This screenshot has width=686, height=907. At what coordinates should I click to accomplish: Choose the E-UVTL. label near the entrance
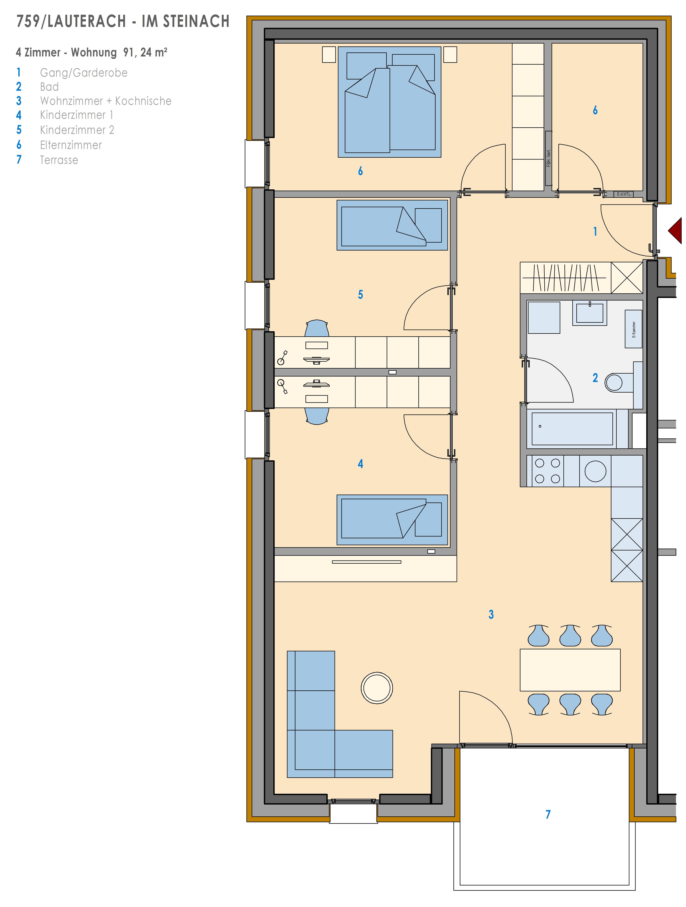[x=624, y=194]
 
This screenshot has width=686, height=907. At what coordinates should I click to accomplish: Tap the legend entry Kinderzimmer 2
[x=77, y=130]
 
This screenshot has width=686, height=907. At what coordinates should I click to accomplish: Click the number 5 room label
[x=360, y=294]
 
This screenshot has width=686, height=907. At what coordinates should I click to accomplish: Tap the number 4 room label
[x=360, y=464]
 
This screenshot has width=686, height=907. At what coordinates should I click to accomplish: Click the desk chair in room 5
[x=317, y=328]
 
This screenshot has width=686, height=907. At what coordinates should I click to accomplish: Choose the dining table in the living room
[x=570, y=670]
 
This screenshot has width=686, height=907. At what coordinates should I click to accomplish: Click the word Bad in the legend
[x=49, y=87]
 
